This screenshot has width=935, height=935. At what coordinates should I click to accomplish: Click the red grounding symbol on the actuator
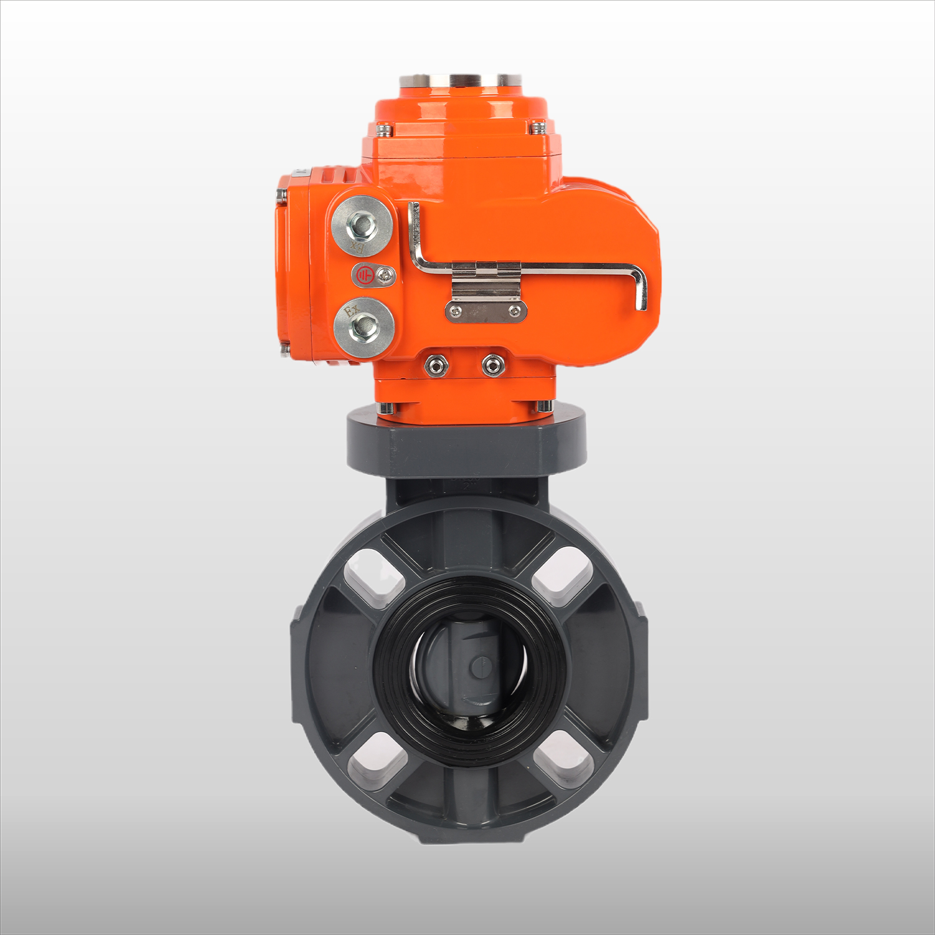click(x=363, y=275)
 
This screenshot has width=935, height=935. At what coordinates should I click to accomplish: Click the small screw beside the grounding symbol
click(x=388, y=273)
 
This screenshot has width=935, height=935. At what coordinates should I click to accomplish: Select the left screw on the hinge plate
click(x=458, y=310)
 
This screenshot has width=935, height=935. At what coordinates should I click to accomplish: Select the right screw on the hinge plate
click(x=514, y=310)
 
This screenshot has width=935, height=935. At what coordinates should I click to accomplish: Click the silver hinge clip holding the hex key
click(x=486, y=280)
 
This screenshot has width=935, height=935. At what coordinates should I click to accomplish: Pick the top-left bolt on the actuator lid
click(x=385, y=129)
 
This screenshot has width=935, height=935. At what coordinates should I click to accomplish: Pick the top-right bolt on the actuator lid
click(x=537, y=128)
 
